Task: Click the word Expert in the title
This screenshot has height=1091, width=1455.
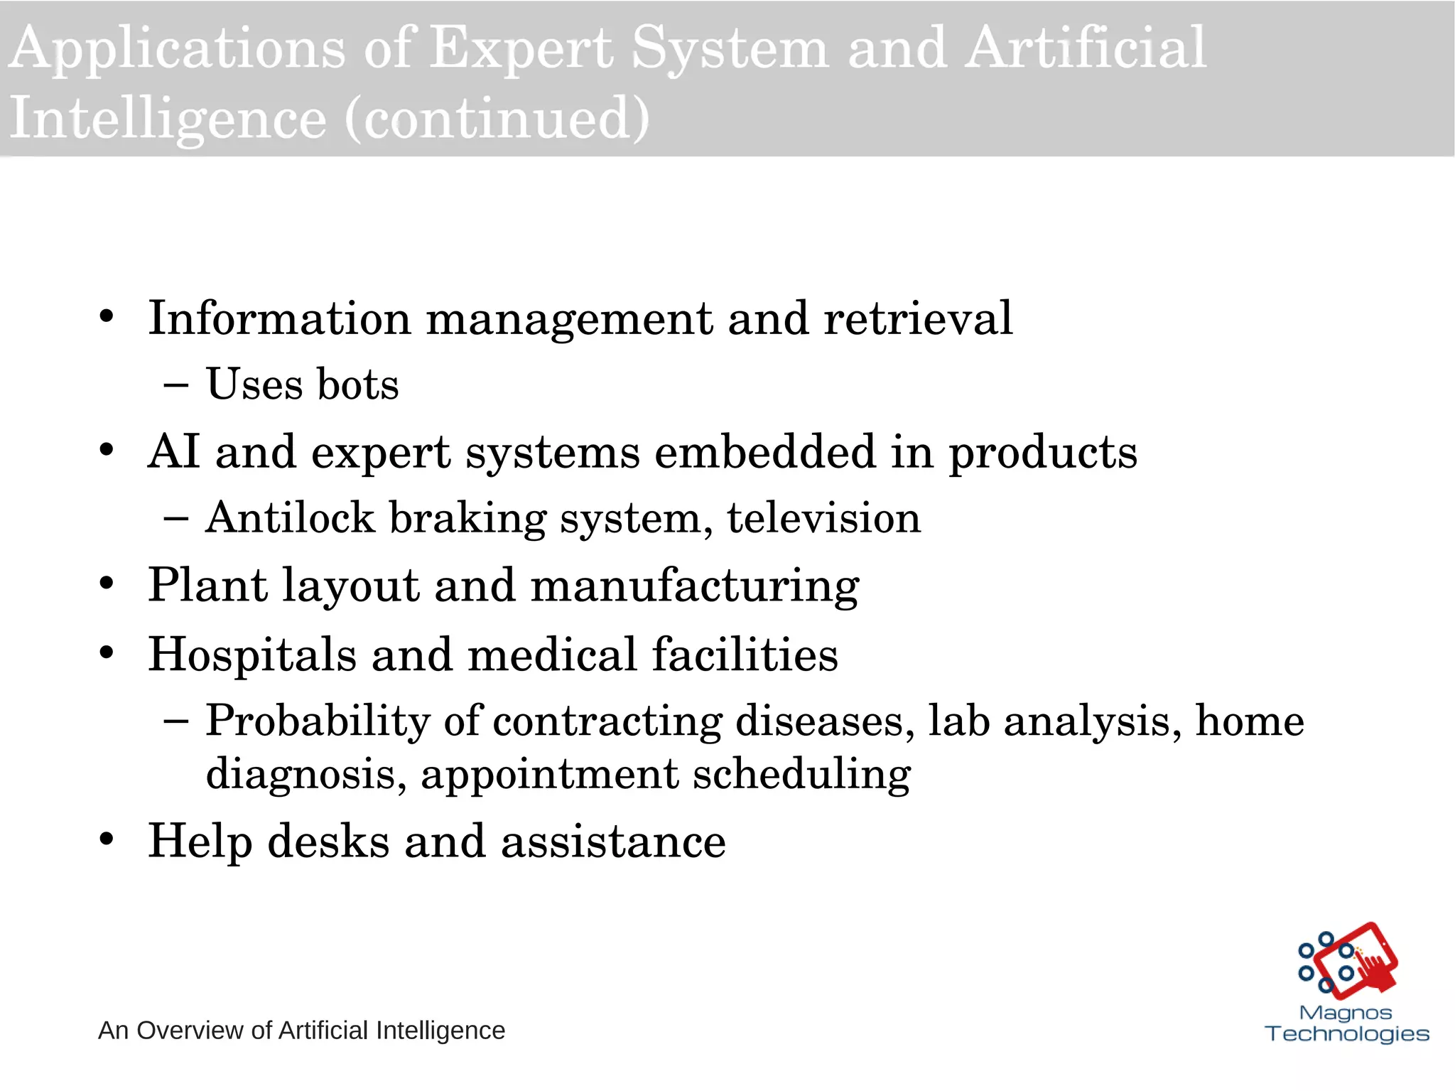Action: (521, 48)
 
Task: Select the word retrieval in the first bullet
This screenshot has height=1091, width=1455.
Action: (918, 318)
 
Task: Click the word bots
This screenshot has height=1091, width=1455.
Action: (357, 385)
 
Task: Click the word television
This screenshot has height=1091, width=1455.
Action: (823, 517)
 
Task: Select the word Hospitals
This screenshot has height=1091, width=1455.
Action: (251, 654)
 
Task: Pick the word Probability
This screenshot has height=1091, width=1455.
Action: (318, 721)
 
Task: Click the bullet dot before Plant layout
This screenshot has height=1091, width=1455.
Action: (107, 584)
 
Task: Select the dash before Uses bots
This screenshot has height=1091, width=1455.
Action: (175, 385)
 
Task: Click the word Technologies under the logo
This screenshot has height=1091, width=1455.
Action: (1347, 1033)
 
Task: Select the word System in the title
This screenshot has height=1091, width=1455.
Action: (730, 48)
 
